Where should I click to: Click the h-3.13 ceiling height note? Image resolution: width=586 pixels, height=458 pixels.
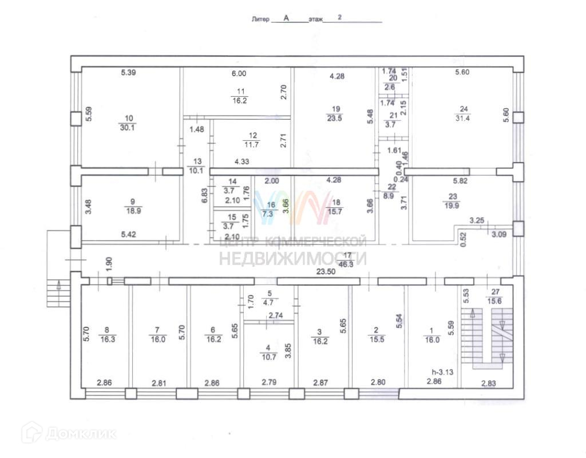443,372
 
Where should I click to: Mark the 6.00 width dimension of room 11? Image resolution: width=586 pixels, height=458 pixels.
238,73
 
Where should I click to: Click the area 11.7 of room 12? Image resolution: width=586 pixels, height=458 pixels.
253,144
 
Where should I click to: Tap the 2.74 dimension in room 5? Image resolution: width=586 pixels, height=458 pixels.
276,315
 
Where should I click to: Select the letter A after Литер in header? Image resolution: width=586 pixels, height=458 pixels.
286,18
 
